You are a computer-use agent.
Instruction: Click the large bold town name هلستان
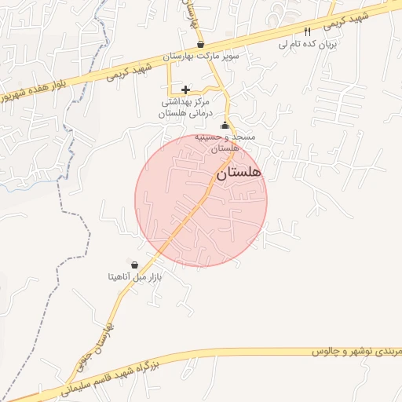pos(238,172)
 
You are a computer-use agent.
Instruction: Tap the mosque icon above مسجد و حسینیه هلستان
pos(225,126)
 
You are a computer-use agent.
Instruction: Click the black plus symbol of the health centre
pos(185,90)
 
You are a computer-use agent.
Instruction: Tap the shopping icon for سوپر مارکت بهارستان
pos(201,45)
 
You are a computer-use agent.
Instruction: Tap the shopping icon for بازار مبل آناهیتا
pos(134,265)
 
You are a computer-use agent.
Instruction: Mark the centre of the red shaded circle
pos(201,200)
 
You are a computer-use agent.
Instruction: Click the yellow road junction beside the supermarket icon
pos(210,49)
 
